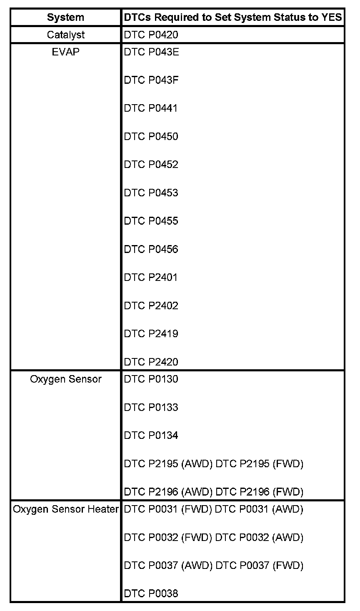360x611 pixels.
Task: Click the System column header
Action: click(65, 18)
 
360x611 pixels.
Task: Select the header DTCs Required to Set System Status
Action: click(232, 18)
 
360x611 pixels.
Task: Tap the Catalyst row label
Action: click(65, 35)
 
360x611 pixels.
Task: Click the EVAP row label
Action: click(65, 52)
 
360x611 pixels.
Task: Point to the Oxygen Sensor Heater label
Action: click(66, 509)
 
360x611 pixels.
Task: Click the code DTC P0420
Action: click(151, 35)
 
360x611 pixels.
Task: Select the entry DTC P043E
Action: click(151, 52)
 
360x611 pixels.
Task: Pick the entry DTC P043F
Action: click(151, 80)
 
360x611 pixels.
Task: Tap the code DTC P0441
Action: click(150, 108)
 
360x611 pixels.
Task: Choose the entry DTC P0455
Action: click(151, 221)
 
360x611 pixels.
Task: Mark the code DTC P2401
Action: click(150, 278)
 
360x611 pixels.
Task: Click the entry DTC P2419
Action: click(151, 333)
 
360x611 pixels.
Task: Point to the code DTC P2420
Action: click(151, 362)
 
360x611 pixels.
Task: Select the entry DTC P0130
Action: click(151, 379)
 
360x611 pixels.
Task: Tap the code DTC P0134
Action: click(151, 436)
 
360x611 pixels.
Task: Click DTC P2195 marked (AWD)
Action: click(168, 464)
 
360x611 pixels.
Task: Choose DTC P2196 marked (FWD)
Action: click(259, 492)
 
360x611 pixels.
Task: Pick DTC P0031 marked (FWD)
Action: click(168, 509)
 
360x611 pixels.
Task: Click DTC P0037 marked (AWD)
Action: click(168, 566)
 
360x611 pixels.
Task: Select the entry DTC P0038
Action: click(151, 593)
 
